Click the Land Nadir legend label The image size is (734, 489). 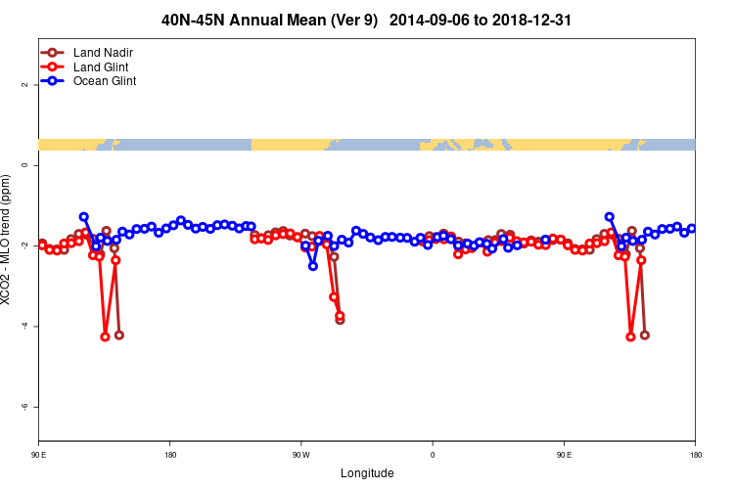click(x=103, y=52)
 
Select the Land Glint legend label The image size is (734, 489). click(x=101, y=67)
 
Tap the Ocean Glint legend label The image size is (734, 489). click(x=105, y=81)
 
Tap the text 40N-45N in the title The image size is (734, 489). click(x=192, y=20)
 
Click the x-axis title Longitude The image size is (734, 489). click(x=367, y=473)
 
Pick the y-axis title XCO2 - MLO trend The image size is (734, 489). click(x=7, y=240)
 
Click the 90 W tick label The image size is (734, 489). click(x=300, y=454)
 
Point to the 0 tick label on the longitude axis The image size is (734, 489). click(x=433, y=454)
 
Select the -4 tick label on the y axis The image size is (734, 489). click(x=24, y=326)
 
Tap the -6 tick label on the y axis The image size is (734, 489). click(x=24, y=406)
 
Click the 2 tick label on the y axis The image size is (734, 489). click(x=24, y=85)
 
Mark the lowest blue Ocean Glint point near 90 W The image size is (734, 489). click(x=313, y=265)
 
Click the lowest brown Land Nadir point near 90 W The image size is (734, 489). click(x=340, y=319)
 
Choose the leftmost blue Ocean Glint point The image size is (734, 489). click(x=84, y=216)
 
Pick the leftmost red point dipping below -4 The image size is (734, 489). click(x=105, y=336)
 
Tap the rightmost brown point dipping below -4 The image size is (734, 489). click(x=644, y=334)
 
